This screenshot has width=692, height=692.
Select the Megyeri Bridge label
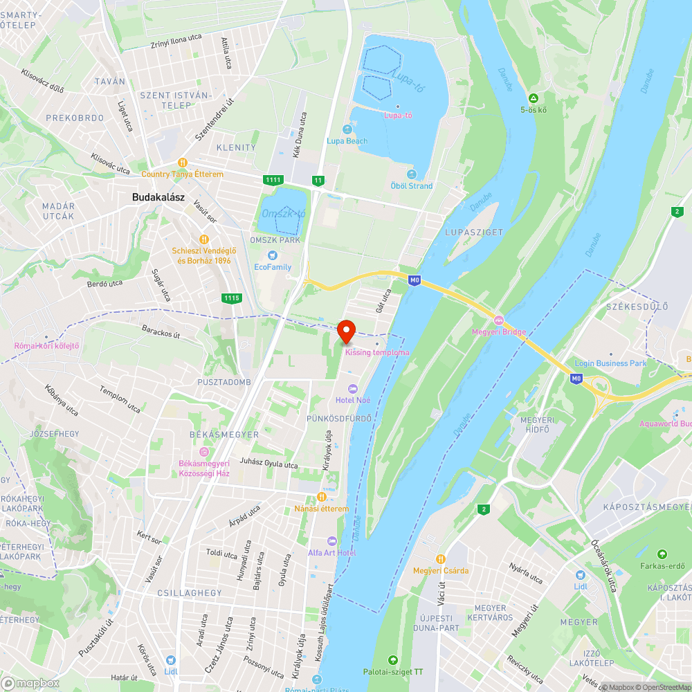tap(498, 331)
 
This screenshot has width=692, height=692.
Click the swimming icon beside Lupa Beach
tap(347, 129)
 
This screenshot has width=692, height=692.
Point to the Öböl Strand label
tap(412, 185)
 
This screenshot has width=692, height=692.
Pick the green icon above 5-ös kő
tap(534, 98)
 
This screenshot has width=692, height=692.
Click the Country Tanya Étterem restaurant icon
tap(183, 163)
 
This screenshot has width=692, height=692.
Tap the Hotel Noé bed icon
tap(354, 388)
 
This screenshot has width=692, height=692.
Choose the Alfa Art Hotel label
tap(332, 553)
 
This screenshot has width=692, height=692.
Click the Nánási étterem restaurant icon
tap(321, 497)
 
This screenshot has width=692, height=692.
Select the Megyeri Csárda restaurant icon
tap(441, 558)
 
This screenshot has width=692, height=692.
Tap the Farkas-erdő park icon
tap(662, 554)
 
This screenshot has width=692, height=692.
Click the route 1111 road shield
tap(273, 180)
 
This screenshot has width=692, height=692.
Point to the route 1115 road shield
tap(232, 298)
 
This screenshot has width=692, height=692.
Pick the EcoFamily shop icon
tap(273, 255)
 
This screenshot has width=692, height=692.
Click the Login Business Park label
tap(610, 363)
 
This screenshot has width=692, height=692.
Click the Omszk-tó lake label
tap(284, 214)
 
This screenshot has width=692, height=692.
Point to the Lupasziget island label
tap(474, 233)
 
